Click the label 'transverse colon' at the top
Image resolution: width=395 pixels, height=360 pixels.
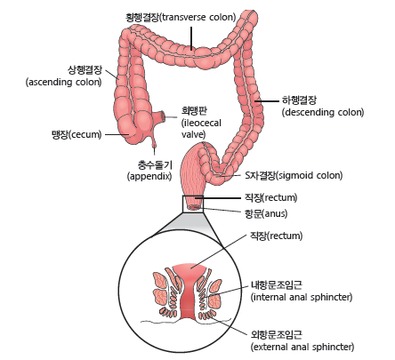pos(181,17)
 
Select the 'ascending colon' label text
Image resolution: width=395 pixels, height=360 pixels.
pos(64,76)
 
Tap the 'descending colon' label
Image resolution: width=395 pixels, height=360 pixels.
pos(323,106)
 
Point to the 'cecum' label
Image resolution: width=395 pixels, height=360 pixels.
pos(77,134)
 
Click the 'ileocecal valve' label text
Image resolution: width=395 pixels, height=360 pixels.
pos(201,123)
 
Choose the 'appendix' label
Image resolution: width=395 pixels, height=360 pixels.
pos(149,171)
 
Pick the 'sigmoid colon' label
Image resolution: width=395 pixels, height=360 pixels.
pos(294,175)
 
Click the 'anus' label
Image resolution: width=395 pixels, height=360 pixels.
pos(266,213)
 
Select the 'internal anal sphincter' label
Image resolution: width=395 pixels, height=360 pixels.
pos(302,292)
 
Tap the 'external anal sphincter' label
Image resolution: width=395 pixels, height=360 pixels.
pos(302,340)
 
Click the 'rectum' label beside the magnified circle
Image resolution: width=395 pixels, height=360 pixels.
pos(277,236)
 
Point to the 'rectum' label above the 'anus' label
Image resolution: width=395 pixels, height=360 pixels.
pos(270,197)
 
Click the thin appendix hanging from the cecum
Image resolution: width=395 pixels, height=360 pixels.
pos(154,140)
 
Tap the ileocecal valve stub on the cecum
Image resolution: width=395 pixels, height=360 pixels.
pos(160,116)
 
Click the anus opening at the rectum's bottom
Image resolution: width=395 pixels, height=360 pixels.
pos(194,207)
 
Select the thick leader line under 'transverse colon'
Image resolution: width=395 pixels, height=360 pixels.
pos(191,38)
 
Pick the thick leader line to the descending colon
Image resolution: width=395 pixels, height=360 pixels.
pos(267,101)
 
